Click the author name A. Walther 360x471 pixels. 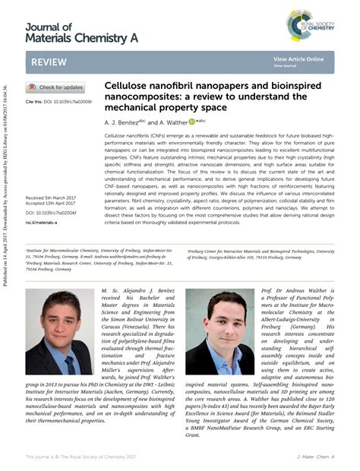click(176, 122)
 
